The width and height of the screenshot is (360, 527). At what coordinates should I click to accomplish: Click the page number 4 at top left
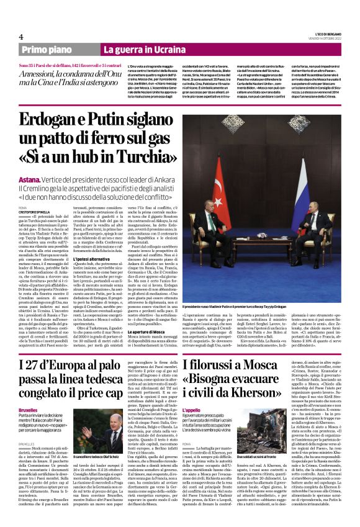pos(20,37)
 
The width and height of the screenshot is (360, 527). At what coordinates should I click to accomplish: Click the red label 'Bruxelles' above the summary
pos(28,410)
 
